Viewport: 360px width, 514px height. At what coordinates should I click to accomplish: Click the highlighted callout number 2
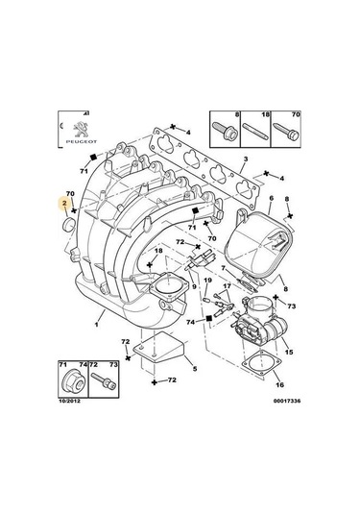63,205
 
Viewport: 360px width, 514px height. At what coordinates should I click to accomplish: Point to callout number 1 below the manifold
96,326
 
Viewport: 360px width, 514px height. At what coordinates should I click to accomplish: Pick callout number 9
193,287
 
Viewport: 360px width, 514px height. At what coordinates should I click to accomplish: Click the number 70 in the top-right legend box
294,113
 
